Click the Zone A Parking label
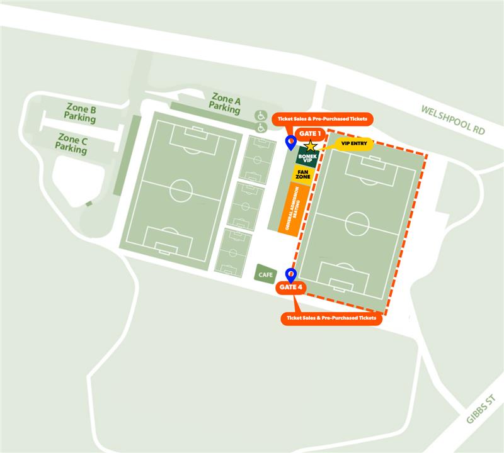click(226, 103)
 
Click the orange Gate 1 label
click(311, 133)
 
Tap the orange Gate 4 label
click(291, 288)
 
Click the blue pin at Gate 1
click(290, 143)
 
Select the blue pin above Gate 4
click(291, 274)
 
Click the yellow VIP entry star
click(311, 145)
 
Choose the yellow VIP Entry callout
click(353, 143)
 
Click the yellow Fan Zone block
click(304, 176)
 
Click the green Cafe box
click(265, 274)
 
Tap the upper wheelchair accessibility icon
click(260, 115)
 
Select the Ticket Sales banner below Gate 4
click(331, 318)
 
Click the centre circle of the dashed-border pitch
click(357, 222)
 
